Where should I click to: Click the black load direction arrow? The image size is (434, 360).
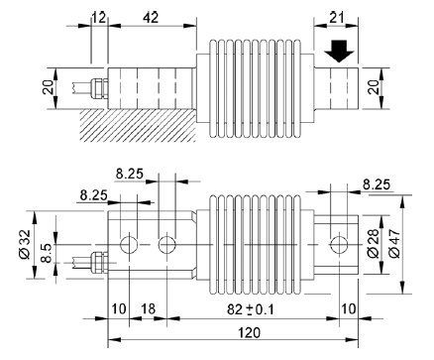[x=339, y=52]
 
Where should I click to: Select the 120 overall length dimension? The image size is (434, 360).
[x=249, y=332]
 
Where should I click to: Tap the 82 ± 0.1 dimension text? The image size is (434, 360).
[x=251, y=309]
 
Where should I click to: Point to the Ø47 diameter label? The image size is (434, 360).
[x=395, y=243]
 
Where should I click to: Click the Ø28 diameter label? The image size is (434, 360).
[x=374, y=243]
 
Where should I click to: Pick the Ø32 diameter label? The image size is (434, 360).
[x=25, y=244]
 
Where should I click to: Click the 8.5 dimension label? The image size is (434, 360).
[x=47, y=253]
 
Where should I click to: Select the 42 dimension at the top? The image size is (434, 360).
[x=151, y=18]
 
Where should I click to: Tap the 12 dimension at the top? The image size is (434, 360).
[x=99, y=18]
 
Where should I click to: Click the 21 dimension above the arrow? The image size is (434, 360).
[x=336, y=17]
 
